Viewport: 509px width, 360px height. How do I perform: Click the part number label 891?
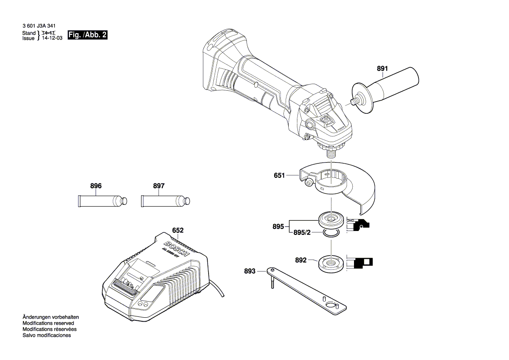click(382, 68)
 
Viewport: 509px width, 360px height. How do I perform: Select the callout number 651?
click(279, 176)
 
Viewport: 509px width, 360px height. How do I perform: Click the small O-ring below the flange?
click(331, 235)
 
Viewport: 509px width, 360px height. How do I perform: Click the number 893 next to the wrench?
click(249, 271)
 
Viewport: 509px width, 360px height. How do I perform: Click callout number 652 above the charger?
click(178, 230)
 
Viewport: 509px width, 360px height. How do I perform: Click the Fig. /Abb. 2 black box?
click(88, 35)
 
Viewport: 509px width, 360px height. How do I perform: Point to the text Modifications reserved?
click(48, 323)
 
